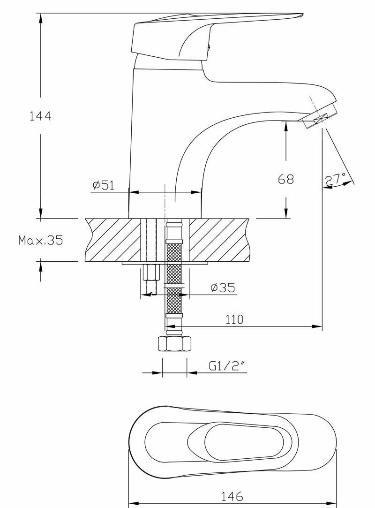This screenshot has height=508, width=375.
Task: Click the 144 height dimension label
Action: click(40, 116)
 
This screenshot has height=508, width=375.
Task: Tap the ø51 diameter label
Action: click(103, 185)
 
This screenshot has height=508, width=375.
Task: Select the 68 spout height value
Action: click(286, 179)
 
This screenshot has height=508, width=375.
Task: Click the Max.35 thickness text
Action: click(40, 241)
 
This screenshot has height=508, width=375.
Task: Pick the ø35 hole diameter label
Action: click(223, 288)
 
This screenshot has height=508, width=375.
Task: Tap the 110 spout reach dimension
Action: click(234, 319)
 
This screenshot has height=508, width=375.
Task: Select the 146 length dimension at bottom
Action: click(233, 496)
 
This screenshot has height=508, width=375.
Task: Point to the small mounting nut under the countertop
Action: click(150, 272)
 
